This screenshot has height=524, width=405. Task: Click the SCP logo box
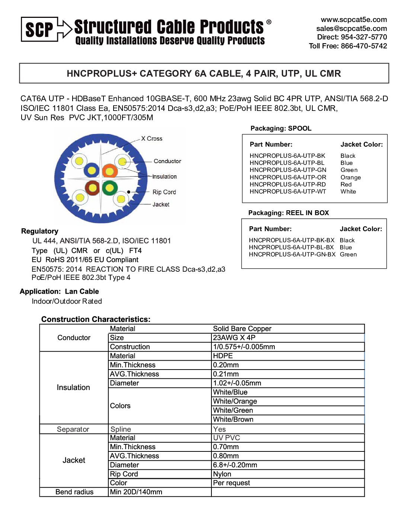39,29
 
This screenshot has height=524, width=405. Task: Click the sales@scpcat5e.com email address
351,28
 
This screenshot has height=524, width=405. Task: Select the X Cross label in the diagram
152,138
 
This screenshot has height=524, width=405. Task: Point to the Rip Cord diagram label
164,192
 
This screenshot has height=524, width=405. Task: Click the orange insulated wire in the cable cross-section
110,171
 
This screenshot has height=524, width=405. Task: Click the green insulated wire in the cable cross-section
110,188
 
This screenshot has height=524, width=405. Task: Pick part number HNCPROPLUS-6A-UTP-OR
288,178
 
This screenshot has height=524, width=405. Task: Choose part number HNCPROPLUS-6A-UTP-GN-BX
292,255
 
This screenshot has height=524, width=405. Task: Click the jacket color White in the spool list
348,192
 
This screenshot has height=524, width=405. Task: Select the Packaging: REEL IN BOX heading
288,213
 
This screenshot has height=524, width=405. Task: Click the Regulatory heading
40,231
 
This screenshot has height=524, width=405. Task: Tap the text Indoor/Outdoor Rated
67,301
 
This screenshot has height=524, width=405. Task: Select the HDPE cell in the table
223,356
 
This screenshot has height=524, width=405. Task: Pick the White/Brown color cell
233,419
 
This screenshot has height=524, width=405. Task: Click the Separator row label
73,429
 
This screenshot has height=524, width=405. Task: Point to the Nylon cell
222,474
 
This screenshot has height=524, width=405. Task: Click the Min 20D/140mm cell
136,492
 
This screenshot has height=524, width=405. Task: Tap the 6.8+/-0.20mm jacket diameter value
235,465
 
